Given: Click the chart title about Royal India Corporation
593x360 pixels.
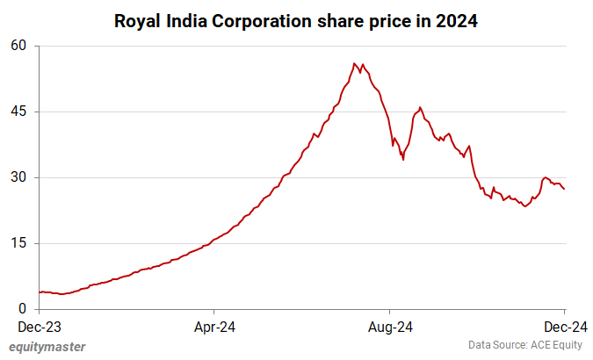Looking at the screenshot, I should [296, 21].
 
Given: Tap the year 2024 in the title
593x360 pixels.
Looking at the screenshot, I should [457, 21].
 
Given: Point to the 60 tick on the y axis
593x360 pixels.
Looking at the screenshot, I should [19, 46].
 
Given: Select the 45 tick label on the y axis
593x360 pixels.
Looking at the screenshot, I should [19, 112].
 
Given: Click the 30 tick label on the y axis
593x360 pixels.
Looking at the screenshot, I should [19, 177].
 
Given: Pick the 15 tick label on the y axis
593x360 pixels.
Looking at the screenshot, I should [19, 243].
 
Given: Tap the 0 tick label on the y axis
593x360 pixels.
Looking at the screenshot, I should [24, 309].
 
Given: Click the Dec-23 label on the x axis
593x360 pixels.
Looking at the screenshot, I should [40, 327].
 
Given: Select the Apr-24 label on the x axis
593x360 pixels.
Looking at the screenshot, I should [214, 327].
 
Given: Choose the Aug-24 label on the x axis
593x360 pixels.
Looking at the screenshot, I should [389, 327].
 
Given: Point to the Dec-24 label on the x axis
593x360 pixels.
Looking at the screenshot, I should [563, 327].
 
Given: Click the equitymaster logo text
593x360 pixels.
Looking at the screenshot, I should [47, 347].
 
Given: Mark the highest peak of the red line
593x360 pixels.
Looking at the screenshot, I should [354, 63].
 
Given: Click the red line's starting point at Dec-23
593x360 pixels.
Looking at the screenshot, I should [40, 292].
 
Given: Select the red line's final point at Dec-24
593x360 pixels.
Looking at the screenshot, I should [564, 189].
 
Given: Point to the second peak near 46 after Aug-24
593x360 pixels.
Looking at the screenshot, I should [420, 107].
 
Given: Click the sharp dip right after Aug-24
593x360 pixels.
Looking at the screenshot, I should [403, 159].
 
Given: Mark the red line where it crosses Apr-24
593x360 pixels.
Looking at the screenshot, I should [214, 239].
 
